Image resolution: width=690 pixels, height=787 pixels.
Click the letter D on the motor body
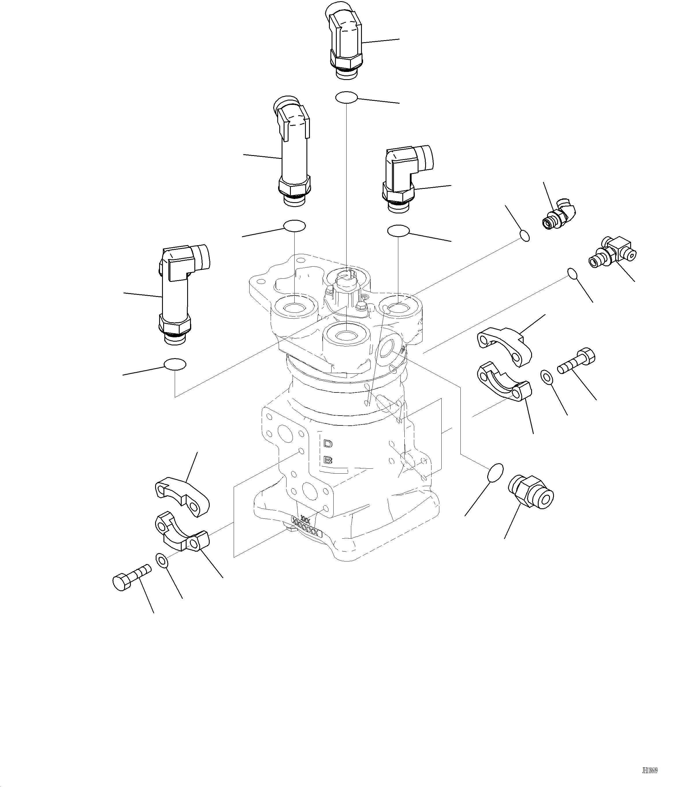pos(328,444)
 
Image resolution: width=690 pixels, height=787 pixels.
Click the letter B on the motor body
pos(328,460)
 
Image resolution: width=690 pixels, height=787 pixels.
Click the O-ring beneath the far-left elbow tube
pos(175,364)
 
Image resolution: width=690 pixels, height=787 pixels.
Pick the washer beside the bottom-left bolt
pos(162,560)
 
